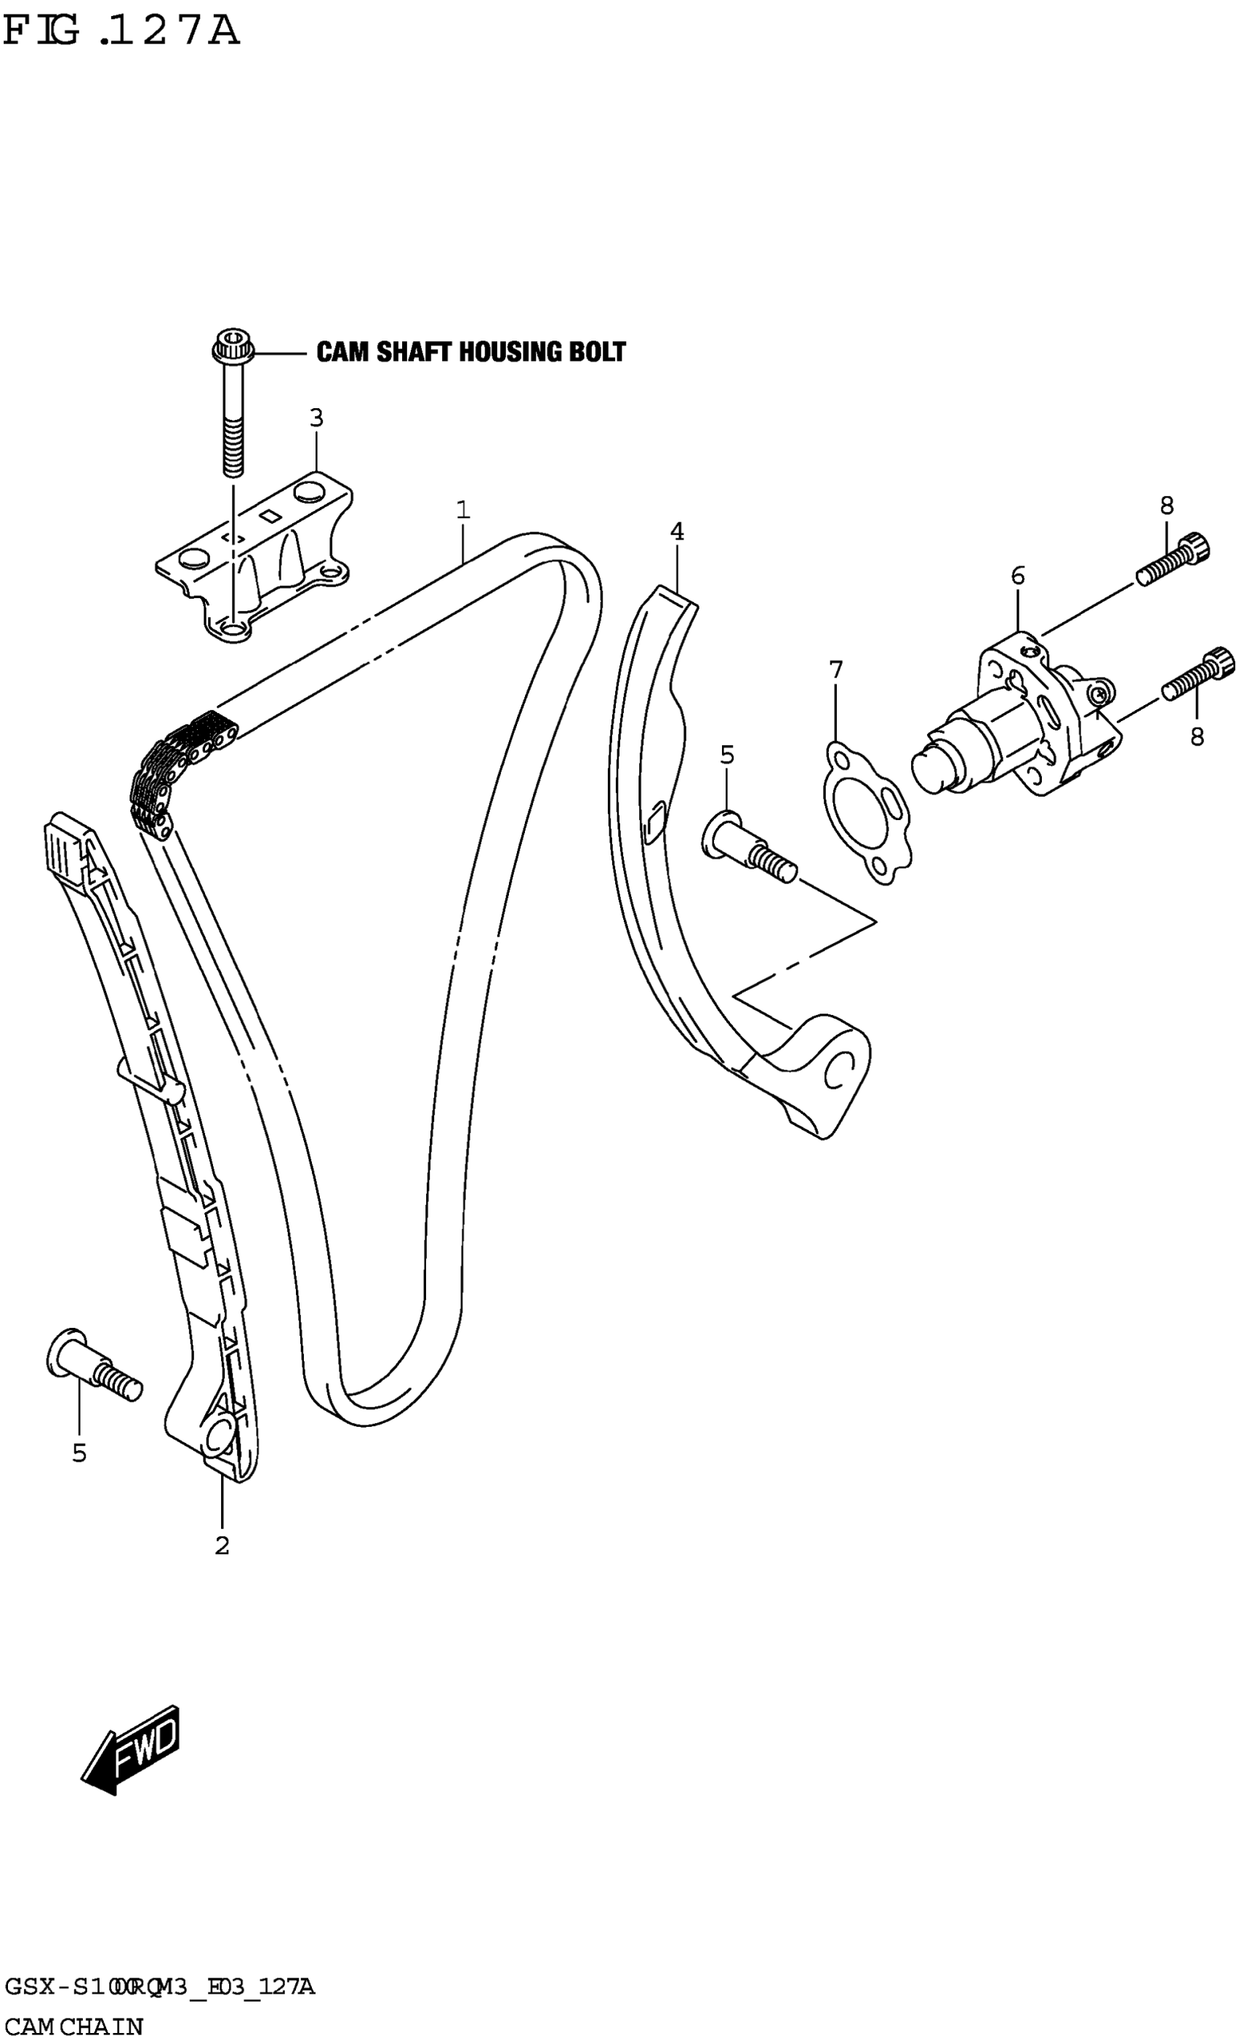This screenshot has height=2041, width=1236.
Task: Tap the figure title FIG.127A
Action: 121,31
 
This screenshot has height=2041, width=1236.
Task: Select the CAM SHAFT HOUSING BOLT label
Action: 470,352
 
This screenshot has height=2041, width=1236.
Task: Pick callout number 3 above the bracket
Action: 316,418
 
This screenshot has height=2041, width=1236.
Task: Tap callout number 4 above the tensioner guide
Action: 677,532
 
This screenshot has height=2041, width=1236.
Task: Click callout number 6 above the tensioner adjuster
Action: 1017,575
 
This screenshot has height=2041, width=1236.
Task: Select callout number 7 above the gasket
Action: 836,669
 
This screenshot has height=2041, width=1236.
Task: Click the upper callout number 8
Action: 1166,504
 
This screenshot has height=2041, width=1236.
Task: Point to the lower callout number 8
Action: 1197,736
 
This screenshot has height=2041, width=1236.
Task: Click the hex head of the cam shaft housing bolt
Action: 233,346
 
